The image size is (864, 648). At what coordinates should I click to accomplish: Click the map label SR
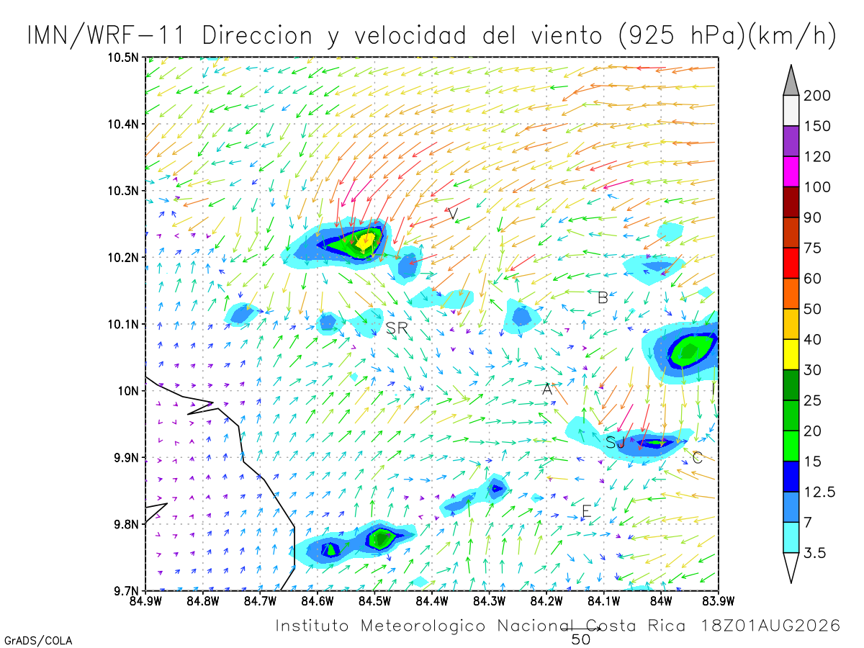coord(397,328)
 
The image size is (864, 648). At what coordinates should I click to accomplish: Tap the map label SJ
coord(615,443)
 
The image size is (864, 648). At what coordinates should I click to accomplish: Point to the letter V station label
coord(453,214)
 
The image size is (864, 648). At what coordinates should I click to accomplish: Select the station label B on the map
coord(603,298)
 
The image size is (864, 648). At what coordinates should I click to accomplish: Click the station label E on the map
coord(587,511)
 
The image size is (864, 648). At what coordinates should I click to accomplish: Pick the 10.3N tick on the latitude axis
coord(123,191)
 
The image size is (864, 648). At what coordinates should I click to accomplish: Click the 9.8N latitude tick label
coord(126,524)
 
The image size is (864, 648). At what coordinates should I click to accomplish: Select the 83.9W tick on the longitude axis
coord(719,601)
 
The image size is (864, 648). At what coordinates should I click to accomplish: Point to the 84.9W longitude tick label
coord(145,601)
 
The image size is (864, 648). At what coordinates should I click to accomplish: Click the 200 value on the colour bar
coord(816,96)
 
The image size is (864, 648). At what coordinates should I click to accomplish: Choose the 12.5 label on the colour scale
coord(819,492)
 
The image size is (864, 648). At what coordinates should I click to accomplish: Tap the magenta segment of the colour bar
coord(791,171)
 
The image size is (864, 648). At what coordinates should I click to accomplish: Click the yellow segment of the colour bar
coord(791,354)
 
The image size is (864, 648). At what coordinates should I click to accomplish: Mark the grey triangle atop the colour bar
coord(791,80)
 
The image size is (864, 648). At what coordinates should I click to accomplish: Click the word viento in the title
coord(567,35)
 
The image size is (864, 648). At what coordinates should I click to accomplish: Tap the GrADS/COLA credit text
coord(38,640)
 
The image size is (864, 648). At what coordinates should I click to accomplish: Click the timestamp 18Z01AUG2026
coord(770,625)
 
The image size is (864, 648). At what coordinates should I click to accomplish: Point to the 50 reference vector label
coord(581,640)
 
